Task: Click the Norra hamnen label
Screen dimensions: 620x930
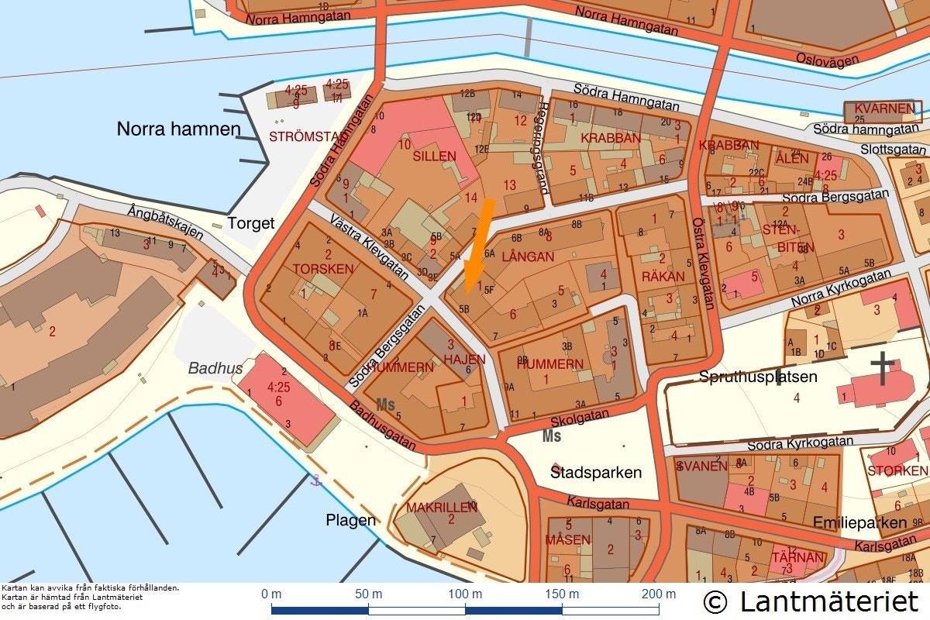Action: pos(178,129)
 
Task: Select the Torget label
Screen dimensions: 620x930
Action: pos(251,224)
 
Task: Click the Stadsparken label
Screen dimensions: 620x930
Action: pos(596,472)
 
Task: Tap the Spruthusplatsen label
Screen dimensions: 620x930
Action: pos(758,377)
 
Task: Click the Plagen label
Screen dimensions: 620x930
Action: pos(350,520)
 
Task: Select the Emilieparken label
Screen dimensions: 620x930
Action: pos(859,523)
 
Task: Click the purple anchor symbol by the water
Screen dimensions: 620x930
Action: pos(315,480)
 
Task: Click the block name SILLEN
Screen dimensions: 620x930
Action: pos(434,157)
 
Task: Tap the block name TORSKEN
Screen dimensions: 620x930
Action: pos(323,269)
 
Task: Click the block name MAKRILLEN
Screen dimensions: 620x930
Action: pos(442,508)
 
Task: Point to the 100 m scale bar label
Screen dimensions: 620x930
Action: pos(465,594)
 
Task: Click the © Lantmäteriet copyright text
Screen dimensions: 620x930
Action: pos(811,601)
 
